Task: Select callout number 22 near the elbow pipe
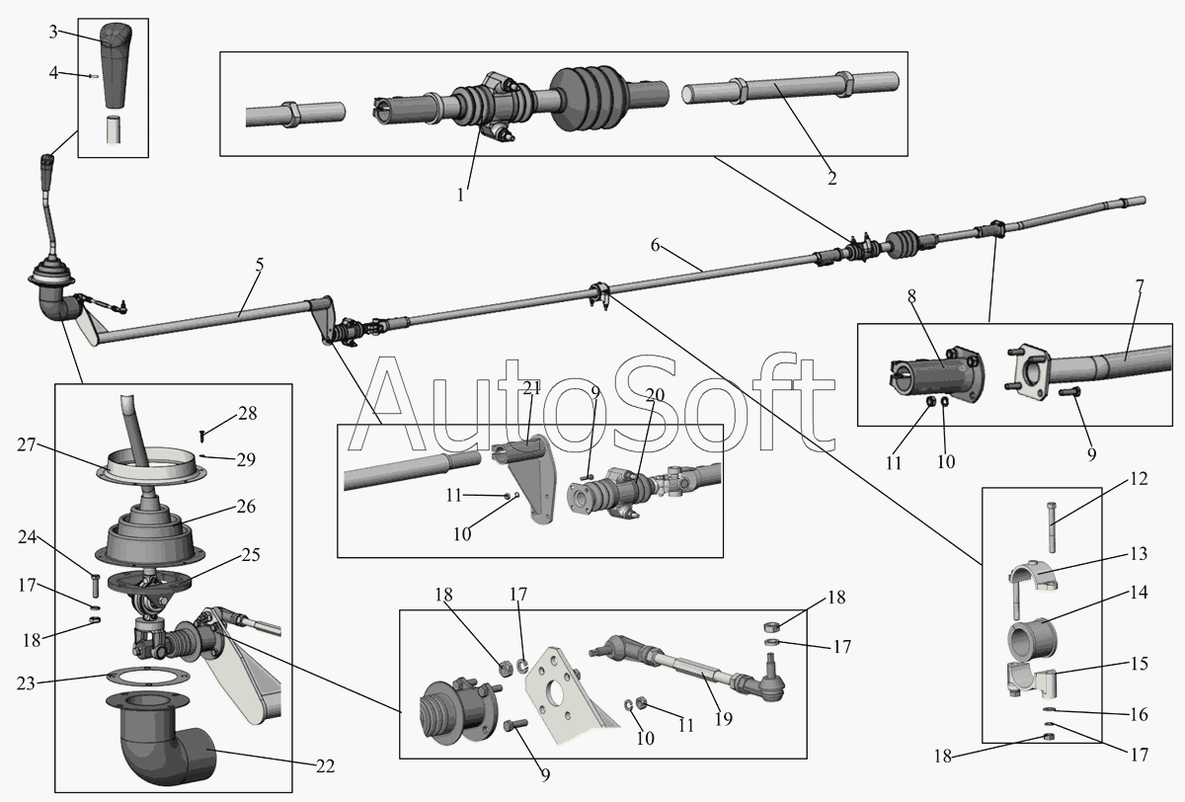(x=326, y=765)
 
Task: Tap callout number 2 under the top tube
(x=831, y=179)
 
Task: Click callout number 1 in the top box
(x=460, y=195)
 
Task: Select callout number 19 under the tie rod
(x=723, y=719)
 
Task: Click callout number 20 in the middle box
(x=655, y=394)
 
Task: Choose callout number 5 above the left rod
(x=259, y=265)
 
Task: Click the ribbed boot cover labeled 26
(x=147, y=534)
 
